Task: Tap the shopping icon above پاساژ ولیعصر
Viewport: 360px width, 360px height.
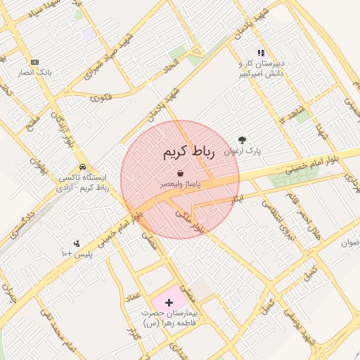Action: (181, 172)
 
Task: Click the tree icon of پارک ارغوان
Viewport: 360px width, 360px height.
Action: (243, 140)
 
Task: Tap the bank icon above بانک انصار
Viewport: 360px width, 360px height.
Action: (35, 62)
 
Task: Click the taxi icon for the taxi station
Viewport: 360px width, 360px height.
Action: (83, 167)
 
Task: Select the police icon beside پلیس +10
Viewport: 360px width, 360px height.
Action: (77, 243)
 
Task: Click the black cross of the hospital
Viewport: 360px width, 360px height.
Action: (169, 302)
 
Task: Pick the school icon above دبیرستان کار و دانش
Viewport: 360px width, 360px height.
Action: (261, 53)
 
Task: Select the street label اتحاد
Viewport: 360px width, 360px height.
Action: (171, 63)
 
